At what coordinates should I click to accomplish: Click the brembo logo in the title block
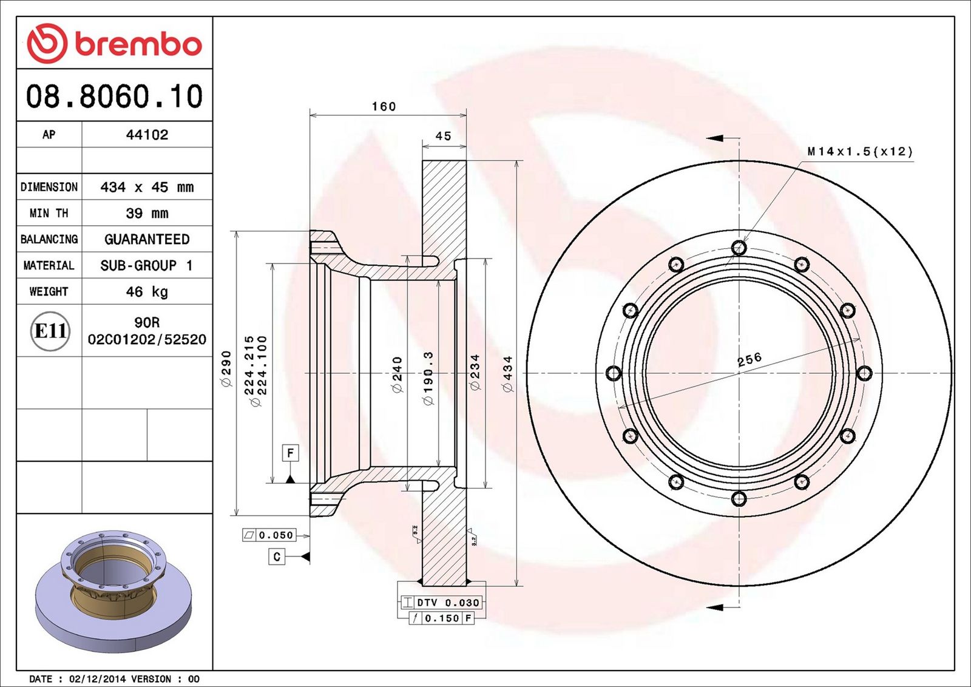115,43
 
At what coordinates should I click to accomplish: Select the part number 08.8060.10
115,96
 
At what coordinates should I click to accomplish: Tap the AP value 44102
147,135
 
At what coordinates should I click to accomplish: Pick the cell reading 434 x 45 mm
147,188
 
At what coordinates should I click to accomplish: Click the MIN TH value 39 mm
147,213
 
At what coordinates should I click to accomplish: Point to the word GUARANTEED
147,239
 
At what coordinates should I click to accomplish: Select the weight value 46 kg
147,292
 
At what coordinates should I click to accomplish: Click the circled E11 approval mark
50,331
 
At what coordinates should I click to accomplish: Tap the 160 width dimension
384,106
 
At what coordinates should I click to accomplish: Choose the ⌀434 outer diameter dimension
507,374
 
